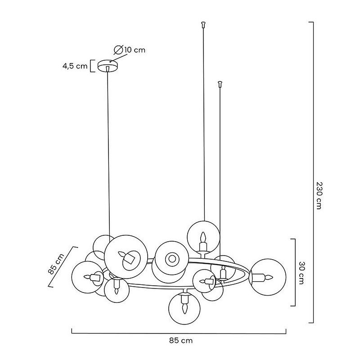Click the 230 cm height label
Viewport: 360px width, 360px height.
(x=319, y=195)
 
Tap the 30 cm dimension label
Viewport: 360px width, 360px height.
(x=301, y=273)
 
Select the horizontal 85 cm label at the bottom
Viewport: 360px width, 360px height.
(x=181, y=340)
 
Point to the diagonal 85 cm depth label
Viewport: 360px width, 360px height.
(x=56, y=264)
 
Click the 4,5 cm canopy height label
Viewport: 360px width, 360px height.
(x=75, y=66)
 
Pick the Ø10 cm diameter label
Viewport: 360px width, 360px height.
(x=130, y=50)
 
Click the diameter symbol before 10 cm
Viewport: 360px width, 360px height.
(x=118, y=50)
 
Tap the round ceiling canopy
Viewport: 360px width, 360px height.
(x=108, y=66)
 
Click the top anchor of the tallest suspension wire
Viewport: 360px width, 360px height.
(x=203, y=24)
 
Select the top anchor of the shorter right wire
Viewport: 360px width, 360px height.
(x=220, y=84)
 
